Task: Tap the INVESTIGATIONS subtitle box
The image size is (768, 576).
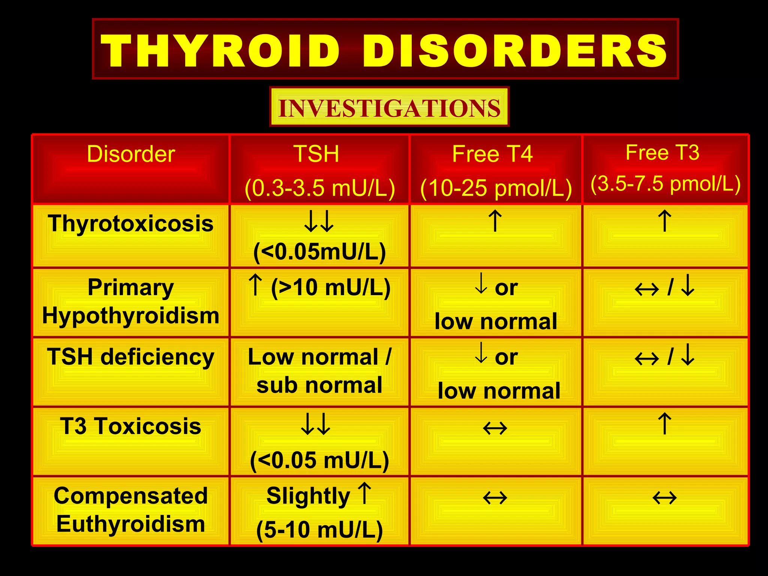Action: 389,108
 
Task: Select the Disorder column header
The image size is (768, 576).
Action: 131,154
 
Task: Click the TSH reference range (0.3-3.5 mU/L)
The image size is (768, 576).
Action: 319,187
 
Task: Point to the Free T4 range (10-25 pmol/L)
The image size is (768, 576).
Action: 496,187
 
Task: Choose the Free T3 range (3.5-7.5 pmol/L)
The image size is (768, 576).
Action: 665,184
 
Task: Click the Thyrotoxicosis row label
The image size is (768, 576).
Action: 130,223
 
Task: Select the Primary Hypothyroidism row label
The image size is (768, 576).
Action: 130,301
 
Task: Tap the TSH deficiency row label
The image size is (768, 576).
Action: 130,357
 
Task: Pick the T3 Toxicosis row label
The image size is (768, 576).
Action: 130,426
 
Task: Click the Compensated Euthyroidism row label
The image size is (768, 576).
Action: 130,510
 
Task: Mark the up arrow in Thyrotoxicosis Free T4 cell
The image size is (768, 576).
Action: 495,221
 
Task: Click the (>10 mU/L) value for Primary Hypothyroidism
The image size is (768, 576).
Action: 331,288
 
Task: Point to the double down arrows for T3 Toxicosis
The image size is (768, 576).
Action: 316,424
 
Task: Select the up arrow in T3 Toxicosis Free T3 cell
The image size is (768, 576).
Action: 664,423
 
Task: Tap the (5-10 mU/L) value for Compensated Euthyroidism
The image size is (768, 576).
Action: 319,529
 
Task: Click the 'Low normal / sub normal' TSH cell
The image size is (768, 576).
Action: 319,371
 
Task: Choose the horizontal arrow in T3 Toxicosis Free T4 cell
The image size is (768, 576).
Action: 495,428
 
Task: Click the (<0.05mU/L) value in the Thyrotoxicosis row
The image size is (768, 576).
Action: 319,252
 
